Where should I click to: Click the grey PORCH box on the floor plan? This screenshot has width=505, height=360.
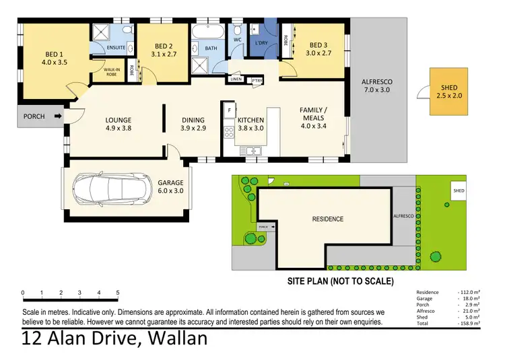(x=34, y=116)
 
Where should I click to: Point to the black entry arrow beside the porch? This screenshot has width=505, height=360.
(x=59, y=116)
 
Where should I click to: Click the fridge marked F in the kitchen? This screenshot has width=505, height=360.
(x=230, y=108)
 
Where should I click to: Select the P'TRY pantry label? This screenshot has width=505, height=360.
(x=256, y=79)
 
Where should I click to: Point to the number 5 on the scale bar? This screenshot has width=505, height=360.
(x=118, y=293)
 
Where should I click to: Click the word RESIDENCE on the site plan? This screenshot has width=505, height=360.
(x=327, y=219)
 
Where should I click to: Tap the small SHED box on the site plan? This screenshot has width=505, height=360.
(x=459, y=191)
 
